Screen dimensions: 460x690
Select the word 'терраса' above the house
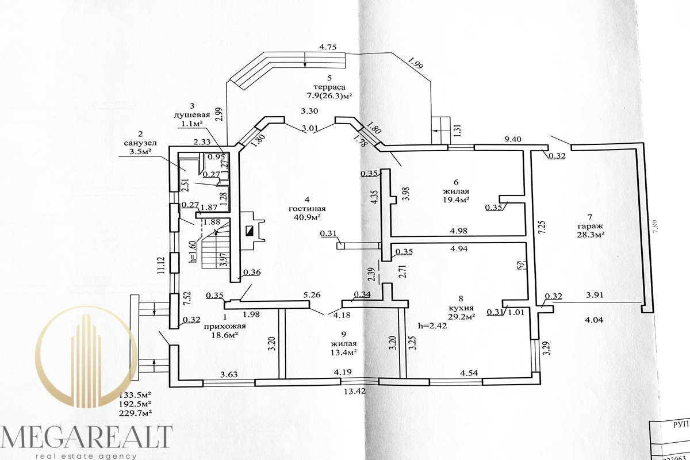[x=328, y=87]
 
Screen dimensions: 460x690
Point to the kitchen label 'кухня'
[x=461, y=308]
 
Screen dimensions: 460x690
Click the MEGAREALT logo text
[x=86, y=437]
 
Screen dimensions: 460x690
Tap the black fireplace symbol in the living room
[x=250, y=231]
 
